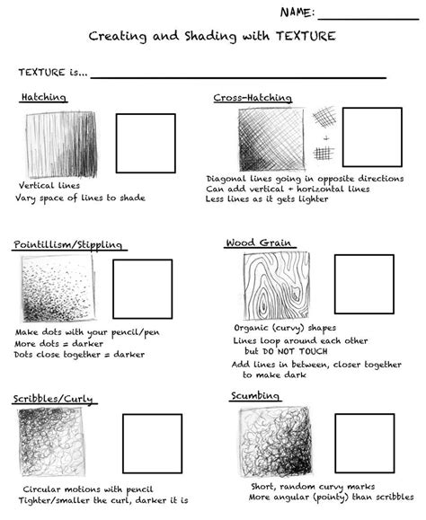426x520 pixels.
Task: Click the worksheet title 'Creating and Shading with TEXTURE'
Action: pyautogui.click(x=212, y=37)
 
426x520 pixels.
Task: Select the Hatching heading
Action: pyautogui.click(x=42, y=97)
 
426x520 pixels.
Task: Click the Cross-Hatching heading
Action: pyautogui.click(x=252, y=97)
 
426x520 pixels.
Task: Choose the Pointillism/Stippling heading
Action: pyautogui.click(x=68, y=245)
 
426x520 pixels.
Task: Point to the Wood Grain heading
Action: pyautogui.click(x=254, y=242)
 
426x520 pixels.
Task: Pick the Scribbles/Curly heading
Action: pyautogui.click(x=54, y=398)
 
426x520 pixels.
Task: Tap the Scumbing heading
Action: pyautogui.click(x=254, y=395)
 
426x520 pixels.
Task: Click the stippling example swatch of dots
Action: pyautogui.click(x=56, y=289)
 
